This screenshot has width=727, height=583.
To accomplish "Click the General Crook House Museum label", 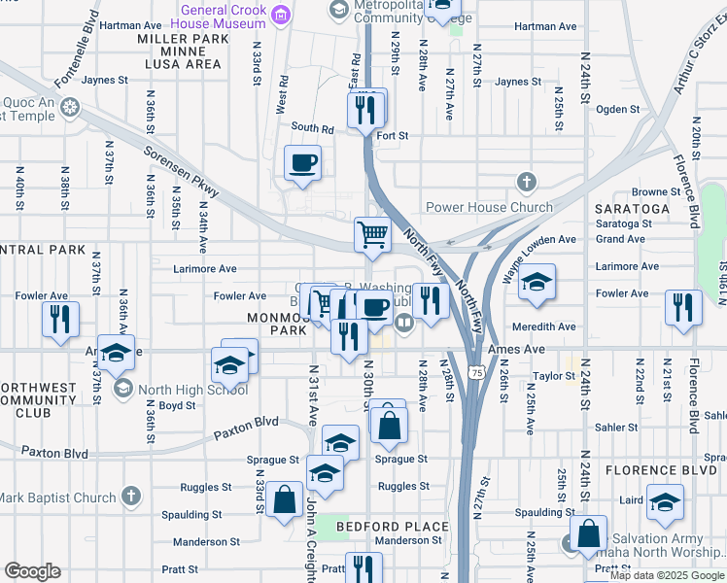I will pos(222,17).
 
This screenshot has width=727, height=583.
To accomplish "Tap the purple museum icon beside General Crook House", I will pos(281,14).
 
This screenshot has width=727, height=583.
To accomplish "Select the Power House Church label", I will pos(489,207).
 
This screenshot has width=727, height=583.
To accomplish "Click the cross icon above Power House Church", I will pos(526,182).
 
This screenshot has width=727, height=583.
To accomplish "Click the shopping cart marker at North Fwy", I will pos(372,235).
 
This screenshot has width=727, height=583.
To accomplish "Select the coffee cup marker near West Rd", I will pos(302,162).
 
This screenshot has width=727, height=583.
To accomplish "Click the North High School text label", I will pos(192,390).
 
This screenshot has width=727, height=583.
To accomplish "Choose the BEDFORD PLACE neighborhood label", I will pos(393,527).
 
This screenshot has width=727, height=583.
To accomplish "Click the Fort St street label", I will pos(392,136).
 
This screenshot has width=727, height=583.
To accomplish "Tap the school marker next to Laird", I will pos(665,501).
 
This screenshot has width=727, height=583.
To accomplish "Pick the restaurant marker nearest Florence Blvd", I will pos(683,307).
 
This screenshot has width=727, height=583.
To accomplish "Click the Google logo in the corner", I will pos(32,571).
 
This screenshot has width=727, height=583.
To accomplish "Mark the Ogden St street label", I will pos(618,110).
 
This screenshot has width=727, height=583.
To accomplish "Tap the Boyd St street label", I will pos(178,406).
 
